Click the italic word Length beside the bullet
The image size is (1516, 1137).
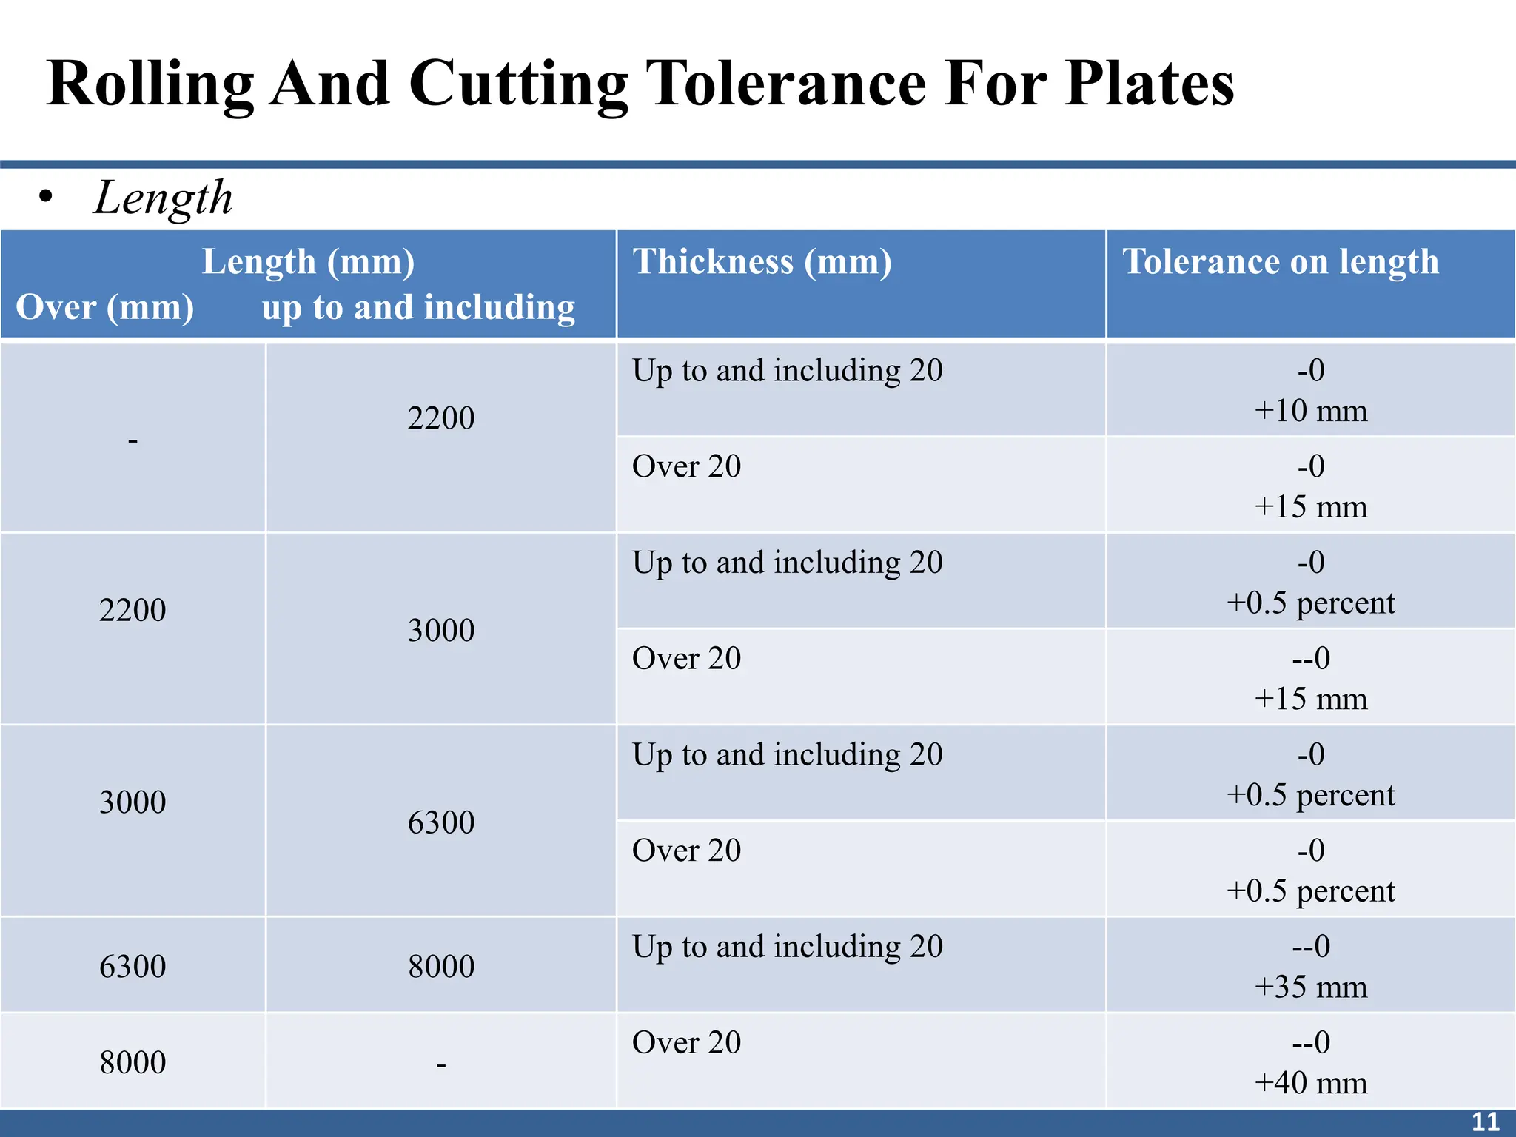click(164, 198)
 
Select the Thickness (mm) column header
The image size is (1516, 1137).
click(762, 262)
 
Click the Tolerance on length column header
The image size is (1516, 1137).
click(1280, 262)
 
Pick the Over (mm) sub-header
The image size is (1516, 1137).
click(105, 307)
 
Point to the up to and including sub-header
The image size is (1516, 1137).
click(418, 307)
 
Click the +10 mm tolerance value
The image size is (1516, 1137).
click(1310, 411)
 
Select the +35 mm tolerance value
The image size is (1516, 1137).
click(1310, 987)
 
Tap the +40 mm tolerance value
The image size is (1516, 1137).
click(1310, 1083)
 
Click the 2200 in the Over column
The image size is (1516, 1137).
click(133, 611)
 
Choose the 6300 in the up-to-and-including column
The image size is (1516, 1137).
click(441, 822)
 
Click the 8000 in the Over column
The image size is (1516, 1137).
click(133, 1063)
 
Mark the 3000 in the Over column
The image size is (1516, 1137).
click(133, 802)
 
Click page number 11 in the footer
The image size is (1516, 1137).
click(1485, 1122)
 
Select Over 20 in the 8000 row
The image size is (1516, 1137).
click(686, 1043)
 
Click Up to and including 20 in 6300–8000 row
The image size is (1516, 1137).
click(787, 947)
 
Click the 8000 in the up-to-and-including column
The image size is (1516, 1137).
click(441, 967)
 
